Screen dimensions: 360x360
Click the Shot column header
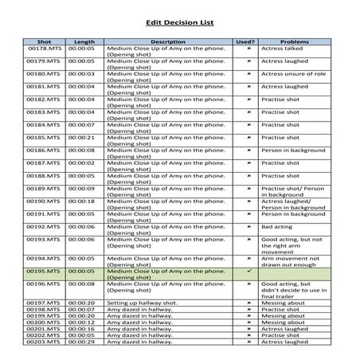pyautogui.click(x=45, y=41)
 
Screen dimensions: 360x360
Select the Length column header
pyautogui.click(x=84, y=41)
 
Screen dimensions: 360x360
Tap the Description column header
pyautogui.click(x=167, y=41)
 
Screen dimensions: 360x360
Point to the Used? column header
pyautogui.click(x=245, y=41)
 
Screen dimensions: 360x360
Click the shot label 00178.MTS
pyautogui.click(x=45, y=49)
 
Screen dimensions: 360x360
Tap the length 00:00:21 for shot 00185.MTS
pyautogui.click(x=84, y=137)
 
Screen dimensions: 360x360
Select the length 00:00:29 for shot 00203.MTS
pyautogui.click(x=84, y=341)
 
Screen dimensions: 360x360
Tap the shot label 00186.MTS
pyautogui.click(x=45, y=150)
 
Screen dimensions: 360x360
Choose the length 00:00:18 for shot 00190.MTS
pyautogui.click(x=84, y=201)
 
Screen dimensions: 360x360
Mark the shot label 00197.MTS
pyautogui.click(x=45, y=303)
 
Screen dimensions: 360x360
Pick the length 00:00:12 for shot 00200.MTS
pyautogui.click(x=84, y=322)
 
